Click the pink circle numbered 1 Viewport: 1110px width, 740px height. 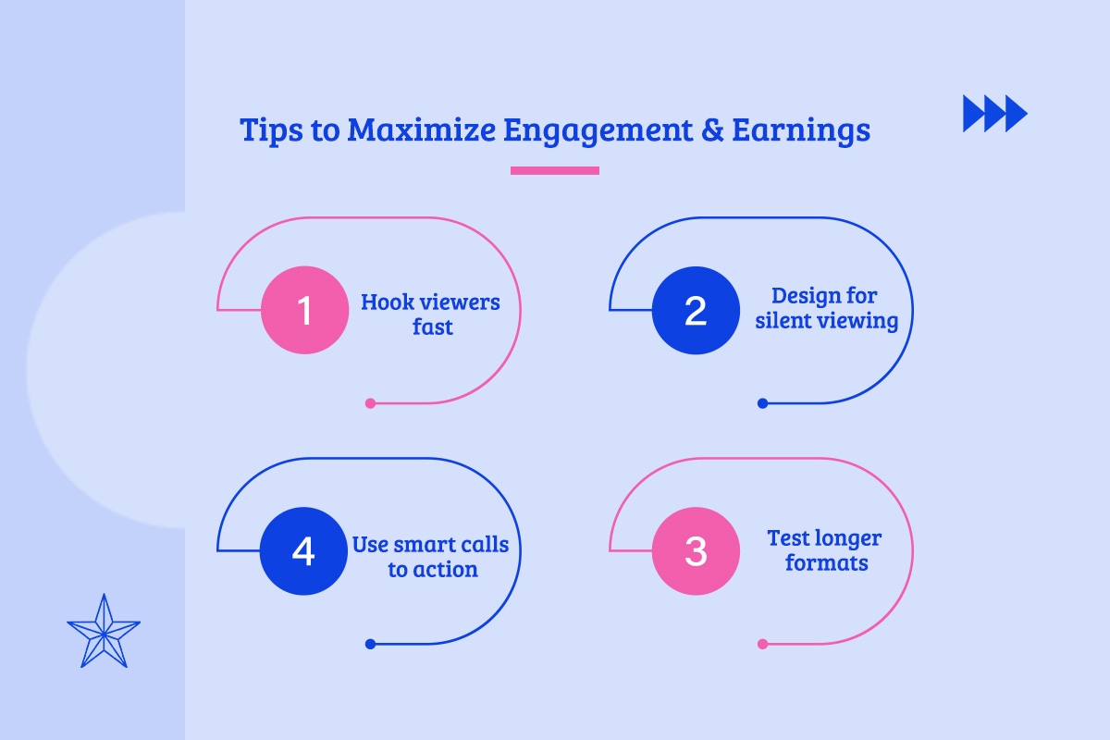coord(305,311)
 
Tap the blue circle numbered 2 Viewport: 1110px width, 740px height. coord(696,311)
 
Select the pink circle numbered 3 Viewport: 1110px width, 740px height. coord(696,551)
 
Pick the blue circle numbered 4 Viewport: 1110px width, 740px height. coord(303,551)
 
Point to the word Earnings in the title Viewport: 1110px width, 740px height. coord(801,129)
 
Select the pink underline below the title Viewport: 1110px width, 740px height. coord(555,170)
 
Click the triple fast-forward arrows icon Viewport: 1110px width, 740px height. coord(995,113)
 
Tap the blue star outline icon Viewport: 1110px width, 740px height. coord(104,632)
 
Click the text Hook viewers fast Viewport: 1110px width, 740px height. coord(431,314)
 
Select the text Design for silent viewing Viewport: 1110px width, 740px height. coord(826,309)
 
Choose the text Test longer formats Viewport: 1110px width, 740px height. coord(825,549)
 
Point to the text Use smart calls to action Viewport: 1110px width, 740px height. coord(431,557)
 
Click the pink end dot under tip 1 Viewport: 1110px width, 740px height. coord(370,403)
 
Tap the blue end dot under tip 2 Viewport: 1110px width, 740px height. coord(762,403)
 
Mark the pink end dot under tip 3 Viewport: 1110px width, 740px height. coord(762,644)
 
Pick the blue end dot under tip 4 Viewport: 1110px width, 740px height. coord(370,644)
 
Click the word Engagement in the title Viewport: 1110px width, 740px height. coord(597,131)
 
